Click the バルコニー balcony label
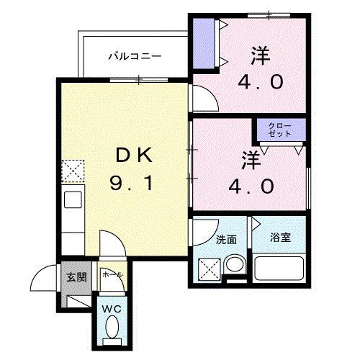(x=135, y=55)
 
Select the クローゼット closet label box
(x=280, y=130)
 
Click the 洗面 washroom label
(x=225, y=239)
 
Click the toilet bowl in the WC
(x=111, y=330)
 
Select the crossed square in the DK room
(x=72, y=171)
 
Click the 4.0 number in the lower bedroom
(x=252, y=186)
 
